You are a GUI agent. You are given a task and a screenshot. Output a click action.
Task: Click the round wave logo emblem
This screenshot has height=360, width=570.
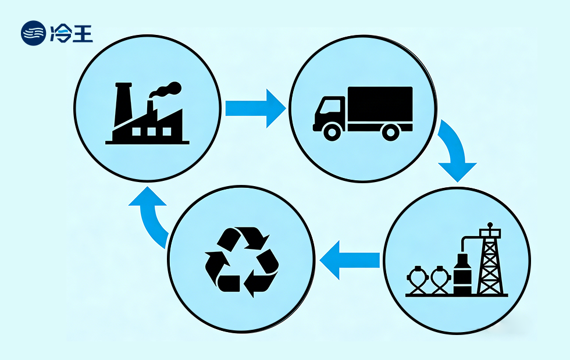tap(33, 33)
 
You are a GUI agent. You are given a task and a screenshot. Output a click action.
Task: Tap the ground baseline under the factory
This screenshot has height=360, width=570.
tap(147, 141)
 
